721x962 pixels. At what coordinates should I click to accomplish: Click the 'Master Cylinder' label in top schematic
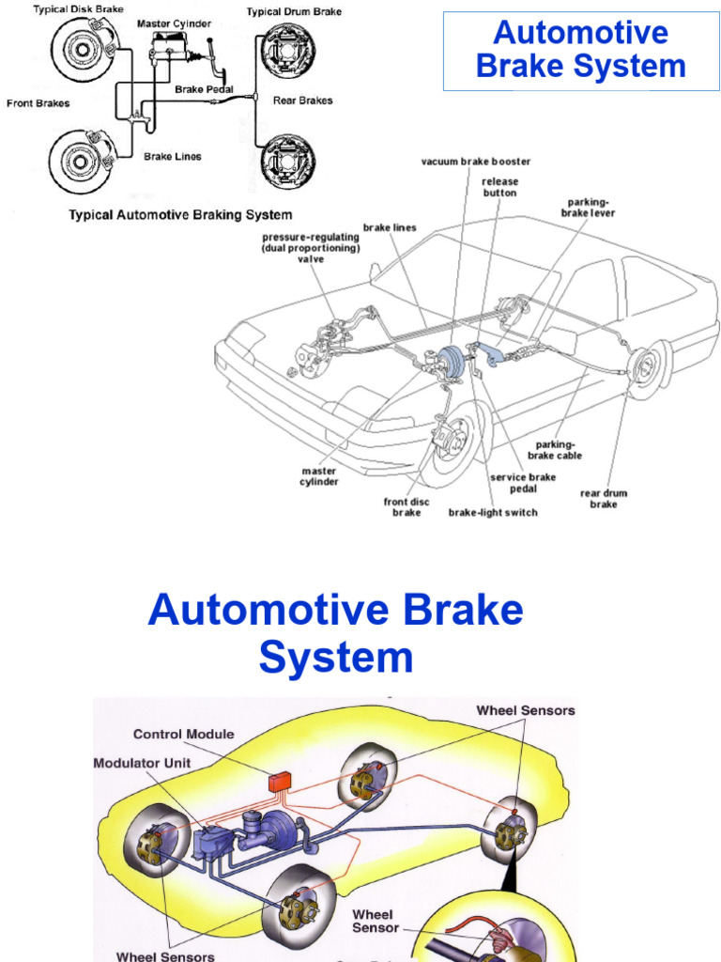tap(174, 23)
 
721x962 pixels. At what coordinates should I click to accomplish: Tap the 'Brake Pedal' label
tap(204, 90)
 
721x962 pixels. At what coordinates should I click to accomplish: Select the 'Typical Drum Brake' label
tap(294, 12)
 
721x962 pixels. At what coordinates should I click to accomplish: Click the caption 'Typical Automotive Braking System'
tap(180, 215)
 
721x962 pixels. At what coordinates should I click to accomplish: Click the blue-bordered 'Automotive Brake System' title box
tap(581, 51)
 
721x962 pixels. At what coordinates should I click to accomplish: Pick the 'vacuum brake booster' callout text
tap(476, 162)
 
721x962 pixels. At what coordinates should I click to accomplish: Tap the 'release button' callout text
tap(500, 187)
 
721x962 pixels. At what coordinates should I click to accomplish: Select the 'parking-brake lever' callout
tap(589, 208)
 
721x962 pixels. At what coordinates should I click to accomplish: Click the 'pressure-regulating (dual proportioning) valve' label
tap(311, 248)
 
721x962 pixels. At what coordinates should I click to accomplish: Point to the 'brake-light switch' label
tap(493, 512)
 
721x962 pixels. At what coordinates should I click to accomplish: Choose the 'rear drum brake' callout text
tap(604, 499)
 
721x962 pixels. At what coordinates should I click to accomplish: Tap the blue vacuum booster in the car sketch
tap(453, 361)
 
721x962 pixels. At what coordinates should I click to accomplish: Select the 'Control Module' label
tap(184, 735)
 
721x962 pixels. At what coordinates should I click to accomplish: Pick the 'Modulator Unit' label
tap(142, 763)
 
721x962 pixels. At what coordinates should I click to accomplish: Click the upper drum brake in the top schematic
tap(287, 52)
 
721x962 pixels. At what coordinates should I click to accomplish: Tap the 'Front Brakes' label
tap(38, 103)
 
